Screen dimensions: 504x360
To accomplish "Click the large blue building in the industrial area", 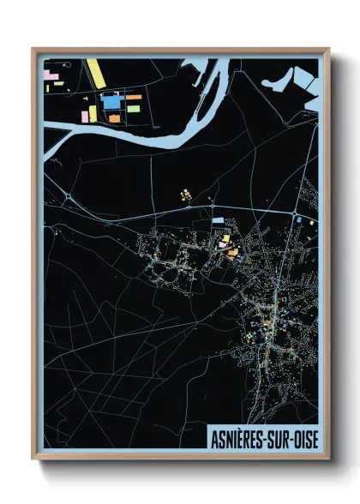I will point(113,101).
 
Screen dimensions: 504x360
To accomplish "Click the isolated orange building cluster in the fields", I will point(184,196).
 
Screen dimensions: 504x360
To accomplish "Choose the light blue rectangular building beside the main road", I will point(218,221).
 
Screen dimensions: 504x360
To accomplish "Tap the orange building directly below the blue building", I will point(114,117).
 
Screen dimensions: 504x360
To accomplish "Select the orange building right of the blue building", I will point(134,98).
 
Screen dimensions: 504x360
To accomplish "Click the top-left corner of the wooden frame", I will point(33,50).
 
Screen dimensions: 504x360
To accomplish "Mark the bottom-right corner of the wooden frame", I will point(328,459).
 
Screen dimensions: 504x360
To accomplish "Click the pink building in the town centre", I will point(223,244).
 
